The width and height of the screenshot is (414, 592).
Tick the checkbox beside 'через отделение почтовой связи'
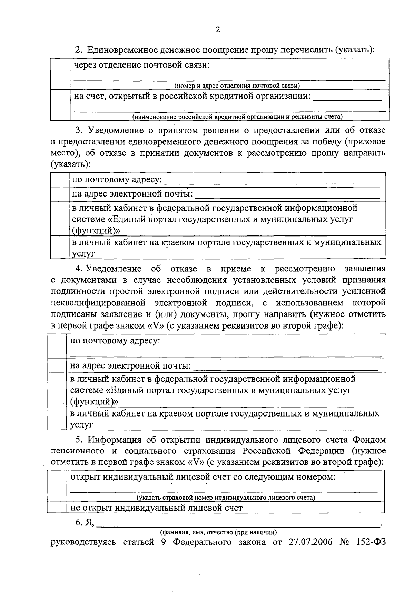[60, 73]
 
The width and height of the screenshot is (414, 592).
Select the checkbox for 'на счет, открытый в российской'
[60, 104]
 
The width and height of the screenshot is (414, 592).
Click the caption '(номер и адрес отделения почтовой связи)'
[237, 86]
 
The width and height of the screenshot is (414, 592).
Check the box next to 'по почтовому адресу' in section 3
[60, 180]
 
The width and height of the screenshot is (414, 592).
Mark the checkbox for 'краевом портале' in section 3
[60, 247]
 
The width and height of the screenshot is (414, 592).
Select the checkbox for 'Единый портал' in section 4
[57, 390]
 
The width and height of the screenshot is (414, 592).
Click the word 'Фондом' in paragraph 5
[369, 440]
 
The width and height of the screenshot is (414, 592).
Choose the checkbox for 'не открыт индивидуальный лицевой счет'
[57, 508]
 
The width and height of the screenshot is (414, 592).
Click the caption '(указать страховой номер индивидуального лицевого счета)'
[226, 498]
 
